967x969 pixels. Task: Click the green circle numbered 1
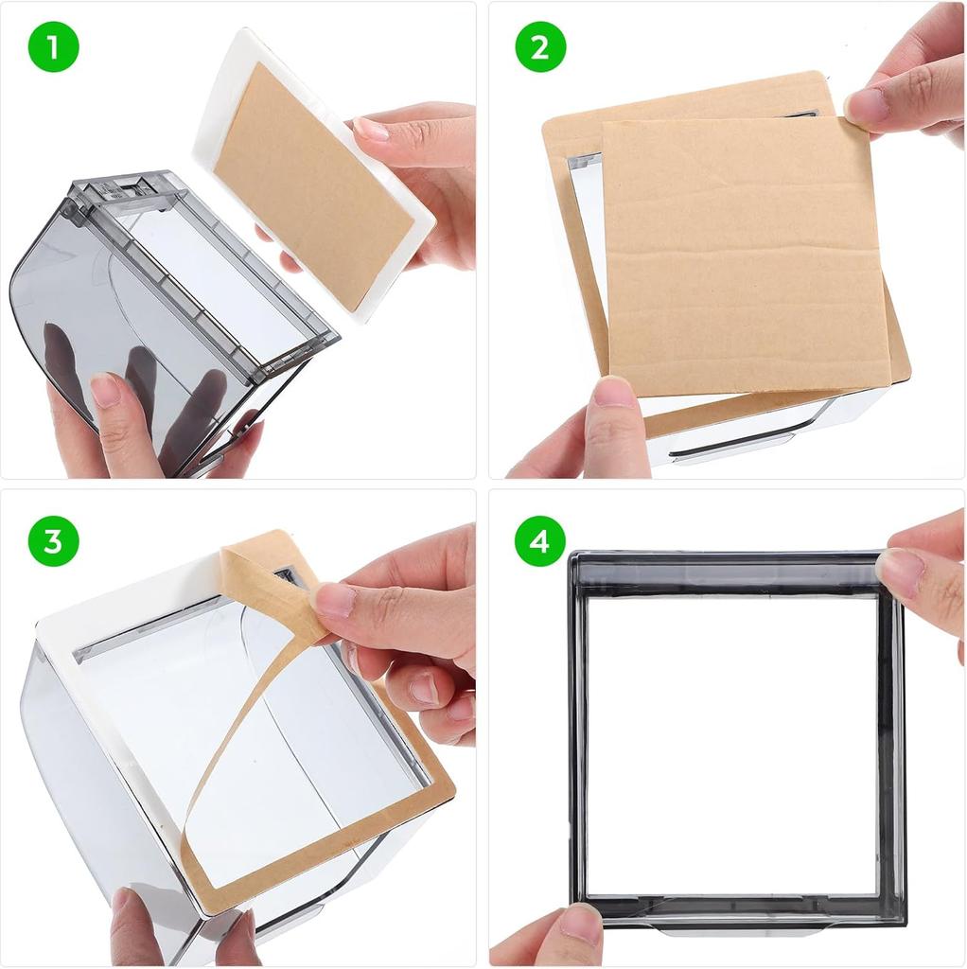52,47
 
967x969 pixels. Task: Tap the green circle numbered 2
539,47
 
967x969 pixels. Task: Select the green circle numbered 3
52,541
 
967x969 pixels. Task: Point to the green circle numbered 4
539,541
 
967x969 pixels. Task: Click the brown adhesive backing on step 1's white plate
312,185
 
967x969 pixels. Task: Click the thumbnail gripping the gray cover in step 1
105,389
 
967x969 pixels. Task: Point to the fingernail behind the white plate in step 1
371,129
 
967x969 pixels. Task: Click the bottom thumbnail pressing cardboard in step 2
614,391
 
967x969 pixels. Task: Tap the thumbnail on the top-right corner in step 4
900,571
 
